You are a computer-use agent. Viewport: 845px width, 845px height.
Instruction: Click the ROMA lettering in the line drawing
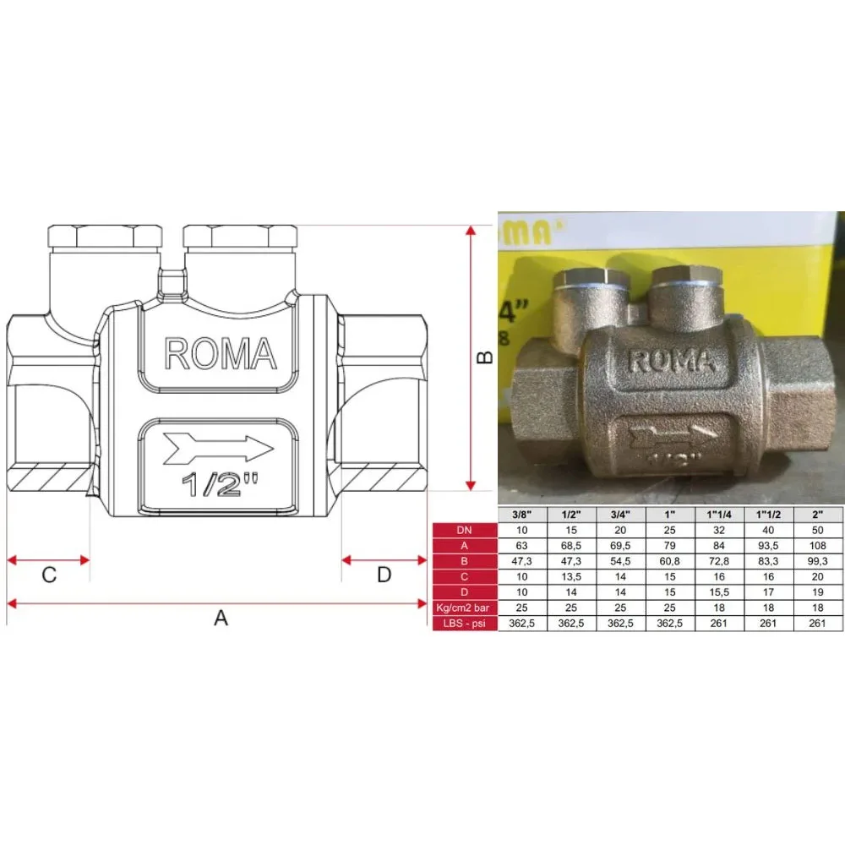220,354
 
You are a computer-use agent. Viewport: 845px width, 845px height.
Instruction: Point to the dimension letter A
221,619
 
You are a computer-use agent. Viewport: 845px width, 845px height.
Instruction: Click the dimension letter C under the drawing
49,575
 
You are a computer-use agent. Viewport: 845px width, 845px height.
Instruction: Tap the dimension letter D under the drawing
384,575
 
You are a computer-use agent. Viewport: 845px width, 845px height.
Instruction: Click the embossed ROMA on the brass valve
673,362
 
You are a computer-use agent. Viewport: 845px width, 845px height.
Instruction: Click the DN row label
464,531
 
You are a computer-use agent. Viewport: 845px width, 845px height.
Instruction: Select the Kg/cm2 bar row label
464,608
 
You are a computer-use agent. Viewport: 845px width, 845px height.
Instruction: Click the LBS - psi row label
464,624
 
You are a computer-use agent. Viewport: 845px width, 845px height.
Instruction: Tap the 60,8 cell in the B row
670,561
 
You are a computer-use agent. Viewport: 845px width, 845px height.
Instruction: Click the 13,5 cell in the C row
572,577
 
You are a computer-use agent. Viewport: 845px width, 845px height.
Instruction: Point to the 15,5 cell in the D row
720,592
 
